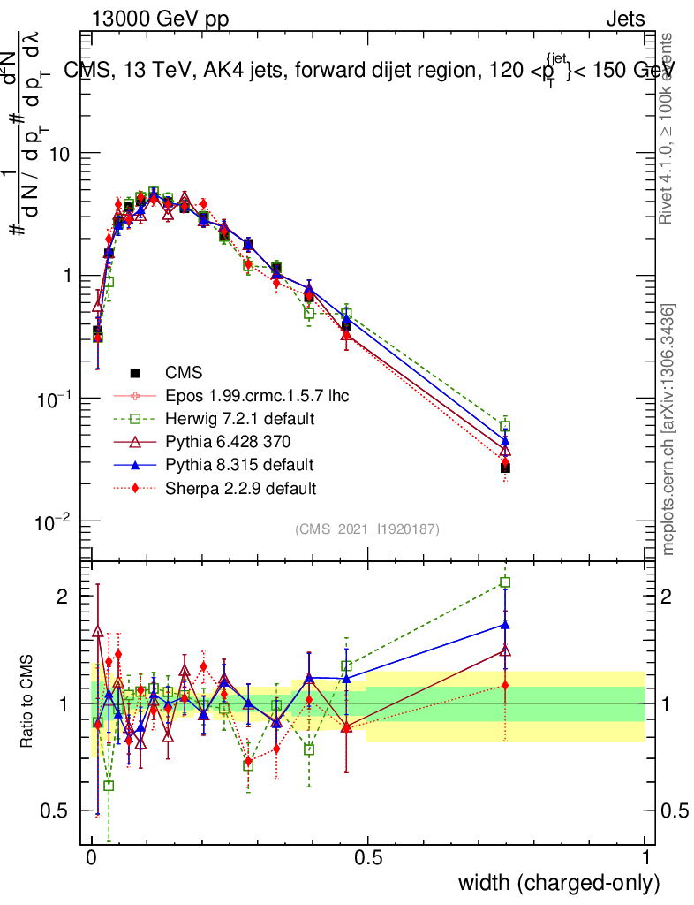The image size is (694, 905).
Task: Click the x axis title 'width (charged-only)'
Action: [x=558, y=883]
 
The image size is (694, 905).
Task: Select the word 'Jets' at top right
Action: [x=624, y=19]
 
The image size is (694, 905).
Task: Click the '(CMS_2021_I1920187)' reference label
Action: [x=366, y=529]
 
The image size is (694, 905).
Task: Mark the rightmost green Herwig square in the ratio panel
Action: [x=505, y=582]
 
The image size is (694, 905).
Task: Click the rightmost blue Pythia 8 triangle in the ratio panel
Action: [x=505, y=624]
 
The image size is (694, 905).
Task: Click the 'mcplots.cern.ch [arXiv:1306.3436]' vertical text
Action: [x=669, y=430]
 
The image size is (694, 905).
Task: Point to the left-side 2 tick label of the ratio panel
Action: [x=63, y=597]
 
